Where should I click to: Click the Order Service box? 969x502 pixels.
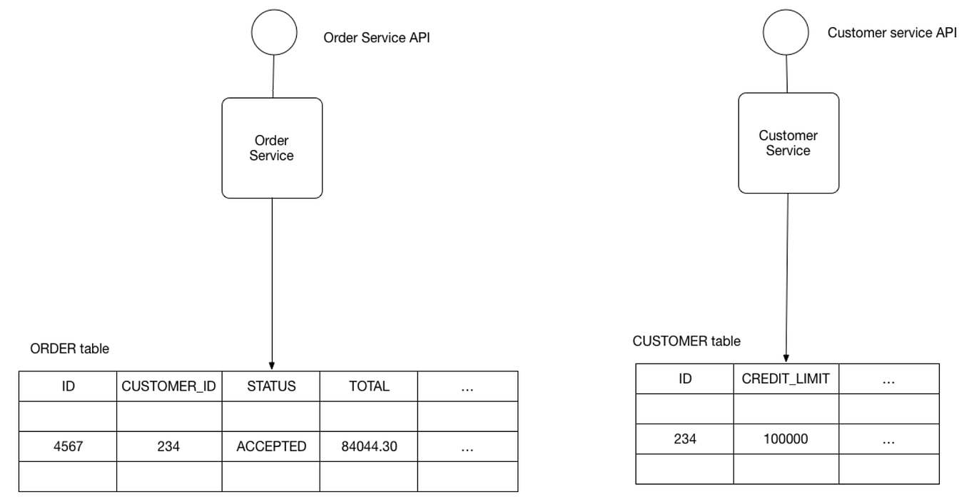coord(272,148)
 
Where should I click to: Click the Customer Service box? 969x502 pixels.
coord(788,143)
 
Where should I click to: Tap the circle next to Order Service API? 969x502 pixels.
coord(274,33)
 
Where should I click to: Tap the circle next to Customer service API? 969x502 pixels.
coord(786,33)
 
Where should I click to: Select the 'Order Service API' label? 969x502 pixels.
coord(377,38)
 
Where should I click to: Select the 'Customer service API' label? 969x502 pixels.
coord(892,33)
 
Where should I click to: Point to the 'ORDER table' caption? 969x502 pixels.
coord(69,348)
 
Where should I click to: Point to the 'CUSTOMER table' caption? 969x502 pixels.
coord(686,341)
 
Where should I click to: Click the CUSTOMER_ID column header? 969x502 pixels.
coord(169,386)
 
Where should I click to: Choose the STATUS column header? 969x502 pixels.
coord(271,386)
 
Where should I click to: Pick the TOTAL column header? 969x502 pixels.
coord(369,386)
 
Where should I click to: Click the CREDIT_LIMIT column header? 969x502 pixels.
coord(786,379)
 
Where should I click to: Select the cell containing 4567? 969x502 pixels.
coord(68,447)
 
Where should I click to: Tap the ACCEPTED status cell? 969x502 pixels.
coord(271,447)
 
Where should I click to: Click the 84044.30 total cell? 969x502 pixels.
coord(369,447)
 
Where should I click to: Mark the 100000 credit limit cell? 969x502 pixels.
coord(786,439)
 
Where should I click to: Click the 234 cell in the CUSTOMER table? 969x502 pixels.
coord(685,439)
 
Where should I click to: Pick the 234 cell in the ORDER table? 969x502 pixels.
coord(169,447)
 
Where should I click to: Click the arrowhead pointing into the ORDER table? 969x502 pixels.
coord(272,366)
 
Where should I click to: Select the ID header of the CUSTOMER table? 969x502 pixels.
coord(685,379)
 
